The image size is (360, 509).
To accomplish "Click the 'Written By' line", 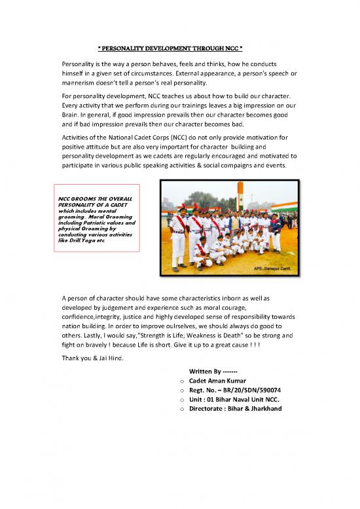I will click(x=210, y=371).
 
